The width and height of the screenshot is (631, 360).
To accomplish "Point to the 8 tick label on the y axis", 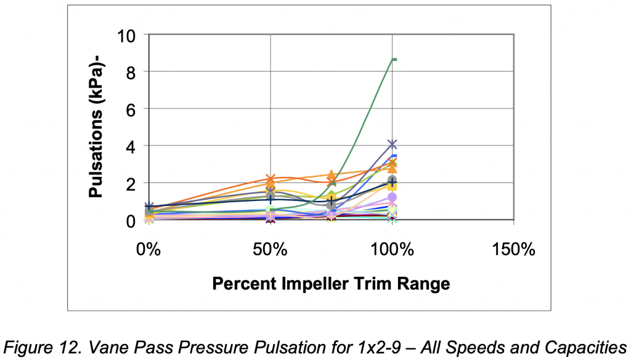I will (x=131, y=72).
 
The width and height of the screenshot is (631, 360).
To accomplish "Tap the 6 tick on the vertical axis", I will (x=131, y=108).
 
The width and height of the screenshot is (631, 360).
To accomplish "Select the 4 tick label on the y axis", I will (x=131, y=146).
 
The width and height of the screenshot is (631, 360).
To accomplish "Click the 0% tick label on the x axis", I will (x=149, y=250).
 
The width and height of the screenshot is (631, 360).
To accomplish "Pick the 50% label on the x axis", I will (x=271, y=250).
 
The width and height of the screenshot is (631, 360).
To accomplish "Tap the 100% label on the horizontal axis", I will (x=393, y=250).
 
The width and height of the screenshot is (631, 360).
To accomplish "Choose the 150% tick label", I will (x=515, y=250).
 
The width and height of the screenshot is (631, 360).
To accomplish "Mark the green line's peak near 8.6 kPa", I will (x=393, y=59).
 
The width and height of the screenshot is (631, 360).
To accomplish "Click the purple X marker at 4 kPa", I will (x=393, y=144).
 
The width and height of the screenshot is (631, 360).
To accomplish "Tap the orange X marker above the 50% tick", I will (x=271, y=179).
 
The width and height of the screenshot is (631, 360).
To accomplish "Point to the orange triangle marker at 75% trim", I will (x=332, y=175).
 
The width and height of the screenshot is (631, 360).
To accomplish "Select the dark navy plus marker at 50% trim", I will (x=271, y=199).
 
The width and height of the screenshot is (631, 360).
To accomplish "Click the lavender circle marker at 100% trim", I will (x=393, y=197).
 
